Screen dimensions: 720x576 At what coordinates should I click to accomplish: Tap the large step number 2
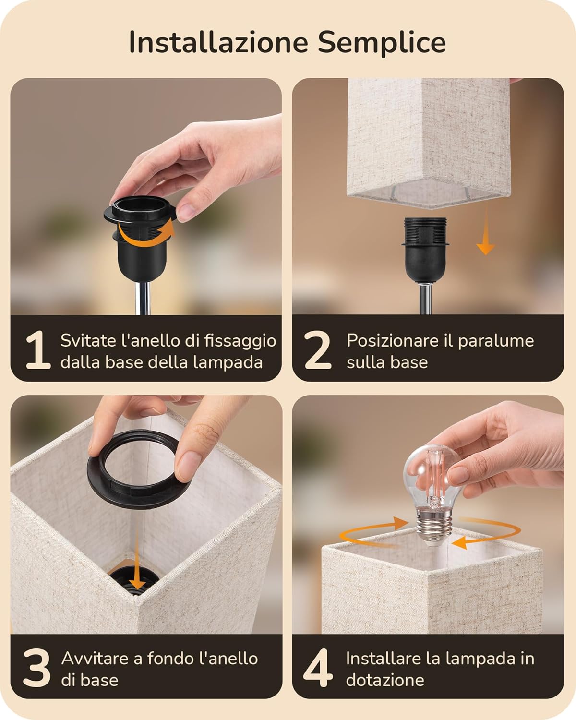(x=318, y=350)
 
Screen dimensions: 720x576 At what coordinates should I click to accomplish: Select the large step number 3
(x=36, y=668)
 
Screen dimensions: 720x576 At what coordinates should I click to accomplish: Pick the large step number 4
(x=318, y=668)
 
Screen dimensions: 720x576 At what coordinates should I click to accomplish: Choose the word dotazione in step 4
(x=385, y=680)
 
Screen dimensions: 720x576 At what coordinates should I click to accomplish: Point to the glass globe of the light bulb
(x=427, y=475)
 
